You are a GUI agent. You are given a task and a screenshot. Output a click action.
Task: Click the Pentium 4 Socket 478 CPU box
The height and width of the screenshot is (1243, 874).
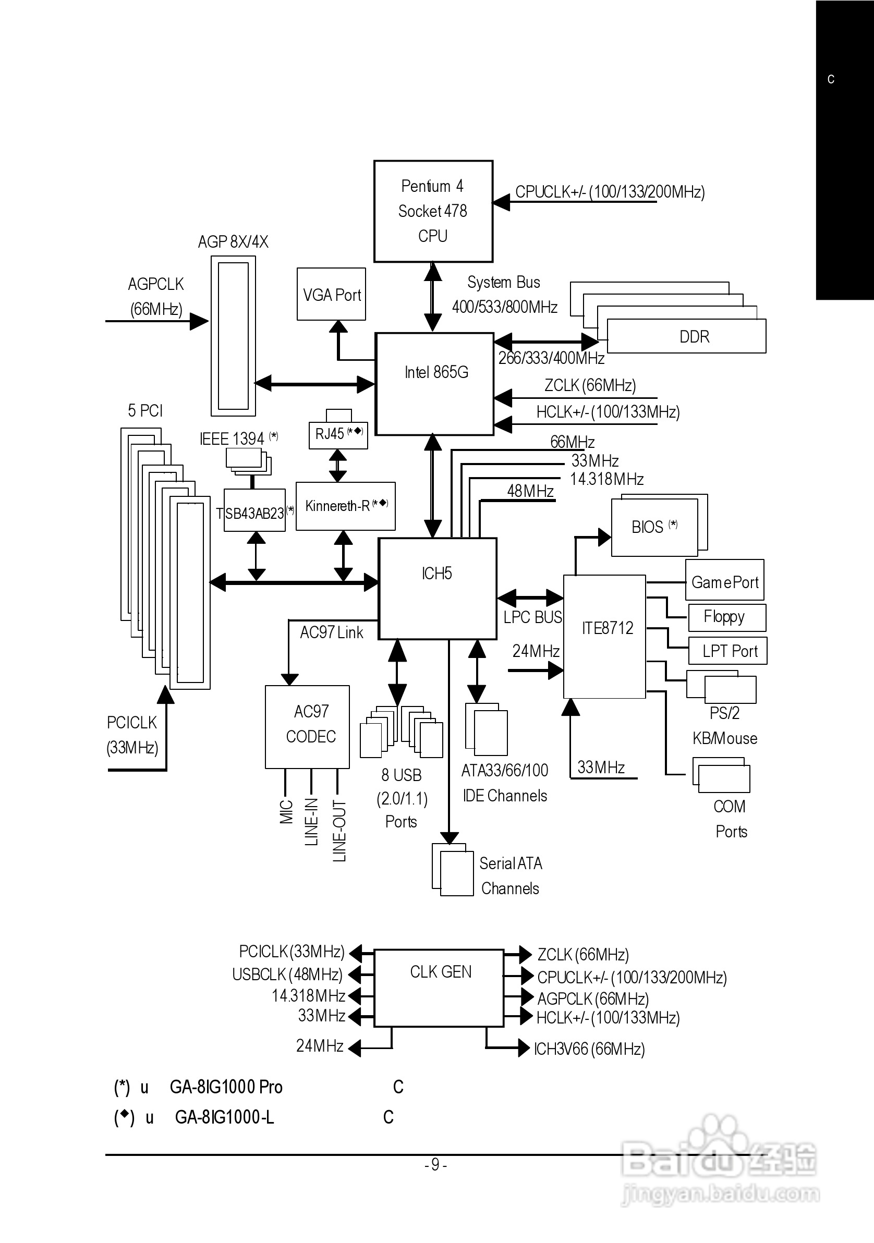coord(433,211)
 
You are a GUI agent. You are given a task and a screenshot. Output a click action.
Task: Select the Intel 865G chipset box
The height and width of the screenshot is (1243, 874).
coord(435,383)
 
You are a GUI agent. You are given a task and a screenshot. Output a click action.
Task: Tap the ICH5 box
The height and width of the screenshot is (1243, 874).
coord(438,589)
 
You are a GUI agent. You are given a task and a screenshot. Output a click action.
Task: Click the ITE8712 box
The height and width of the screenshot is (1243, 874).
coord(604,636)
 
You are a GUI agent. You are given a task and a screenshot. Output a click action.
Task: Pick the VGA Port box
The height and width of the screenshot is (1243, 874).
coord(332,294)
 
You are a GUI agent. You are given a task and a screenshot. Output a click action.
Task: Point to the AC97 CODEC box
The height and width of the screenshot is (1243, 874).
coord(307,726)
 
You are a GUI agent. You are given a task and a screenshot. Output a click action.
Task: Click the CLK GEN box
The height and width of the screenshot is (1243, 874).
coord(439,988)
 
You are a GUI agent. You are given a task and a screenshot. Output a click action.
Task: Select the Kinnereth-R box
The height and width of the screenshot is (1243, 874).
coord(346,506)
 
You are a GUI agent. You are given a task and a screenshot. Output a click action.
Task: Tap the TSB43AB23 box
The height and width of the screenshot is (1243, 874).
coord(254,510)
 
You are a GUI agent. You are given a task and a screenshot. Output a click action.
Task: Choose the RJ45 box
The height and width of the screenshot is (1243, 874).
coord(338,435)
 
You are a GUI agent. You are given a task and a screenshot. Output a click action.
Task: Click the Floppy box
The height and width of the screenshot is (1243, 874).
coord(727,617)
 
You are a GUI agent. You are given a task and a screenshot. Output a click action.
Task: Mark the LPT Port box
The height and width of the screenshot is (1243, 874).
coord(728,651)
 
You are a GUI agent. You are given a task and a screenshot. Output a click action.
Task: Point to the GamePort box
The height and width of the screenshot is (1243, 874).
coord(724,580)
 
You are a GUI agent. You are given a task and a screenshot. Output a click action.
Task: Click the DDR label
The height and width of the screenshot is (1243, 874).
coord(694,337)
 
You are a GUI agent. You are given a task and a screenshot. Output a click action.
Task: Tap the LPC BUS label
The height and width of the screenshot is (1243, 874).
coord(532,617)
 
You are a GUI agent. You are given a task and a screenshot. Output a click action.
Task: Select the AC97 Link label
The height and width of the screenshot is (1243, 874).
coord(332,632)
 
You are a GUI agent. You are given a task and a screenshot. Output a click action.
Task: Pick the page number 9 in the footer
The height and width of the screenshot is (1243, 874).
coord(435,1164)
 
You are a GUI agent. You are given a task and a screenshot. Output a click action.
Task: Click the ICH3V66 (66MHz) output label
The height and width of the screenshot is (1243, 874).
coord(589,1049)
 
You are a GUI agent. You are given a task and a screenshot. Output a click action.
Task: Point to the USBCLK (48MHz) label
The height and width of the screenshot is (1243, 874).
coord(287,974)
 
